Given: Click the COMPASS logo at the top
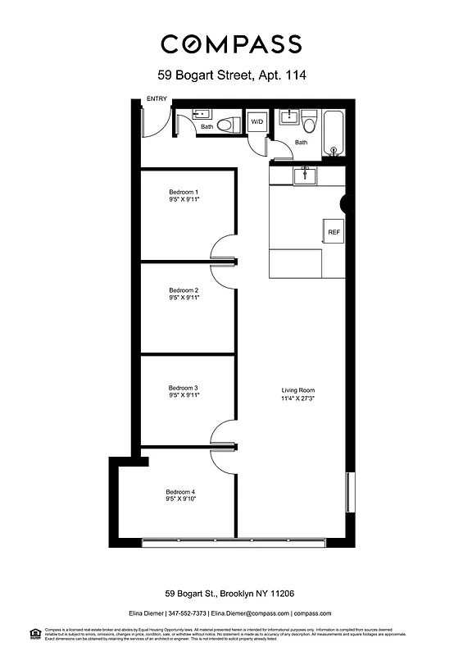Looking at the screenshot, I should [231, 43].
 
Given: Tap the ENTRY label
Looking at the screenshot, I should [157, 99].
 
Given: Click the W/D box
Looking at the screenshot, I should [257, 122].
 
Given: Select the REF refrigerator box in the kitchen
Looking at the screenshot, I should [334, 232].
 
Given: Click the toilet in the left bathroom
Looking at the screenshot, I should [230, 124].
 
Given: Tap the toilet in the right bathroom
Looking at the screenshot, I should [309, 122].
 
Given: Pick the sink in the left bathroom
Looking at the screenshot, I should [202, 114].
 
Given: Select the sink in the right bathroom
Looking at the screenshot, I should [288, 117].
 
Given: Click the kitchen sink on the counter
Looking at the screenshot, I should [305, 174].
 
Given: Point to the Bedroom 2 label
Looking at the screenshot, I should [184, 290].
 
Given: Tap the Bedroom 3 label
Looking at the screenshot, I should [184, 388].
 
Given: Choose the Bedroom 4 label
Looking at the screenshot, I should [181, 492].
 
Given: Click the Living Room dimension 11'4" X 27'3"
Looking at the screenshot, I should [298, 399].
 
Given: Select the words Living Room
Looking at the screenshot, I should [298, 390].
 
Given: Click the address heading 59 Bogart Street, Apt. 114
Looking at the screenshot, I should [231, 75].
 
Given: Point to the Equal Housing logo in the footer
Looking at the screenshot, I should [35, 632].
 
